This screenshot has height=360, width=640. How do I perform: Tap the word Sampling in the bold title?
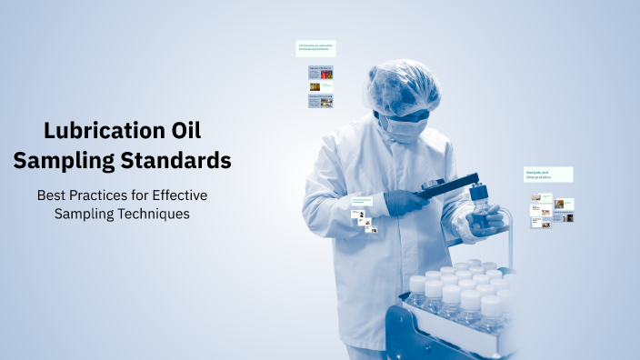point(79,161)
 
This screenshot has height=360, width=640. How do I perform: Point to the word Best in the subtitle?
point(52,195)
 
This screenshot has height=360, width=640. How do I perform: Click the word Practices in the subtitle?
point(103,195)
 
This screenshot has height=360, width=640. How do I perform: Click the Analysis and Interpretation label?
point(547,174)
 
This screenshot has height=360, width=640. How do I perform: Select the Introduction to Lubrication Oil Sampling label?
point(315,48)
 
